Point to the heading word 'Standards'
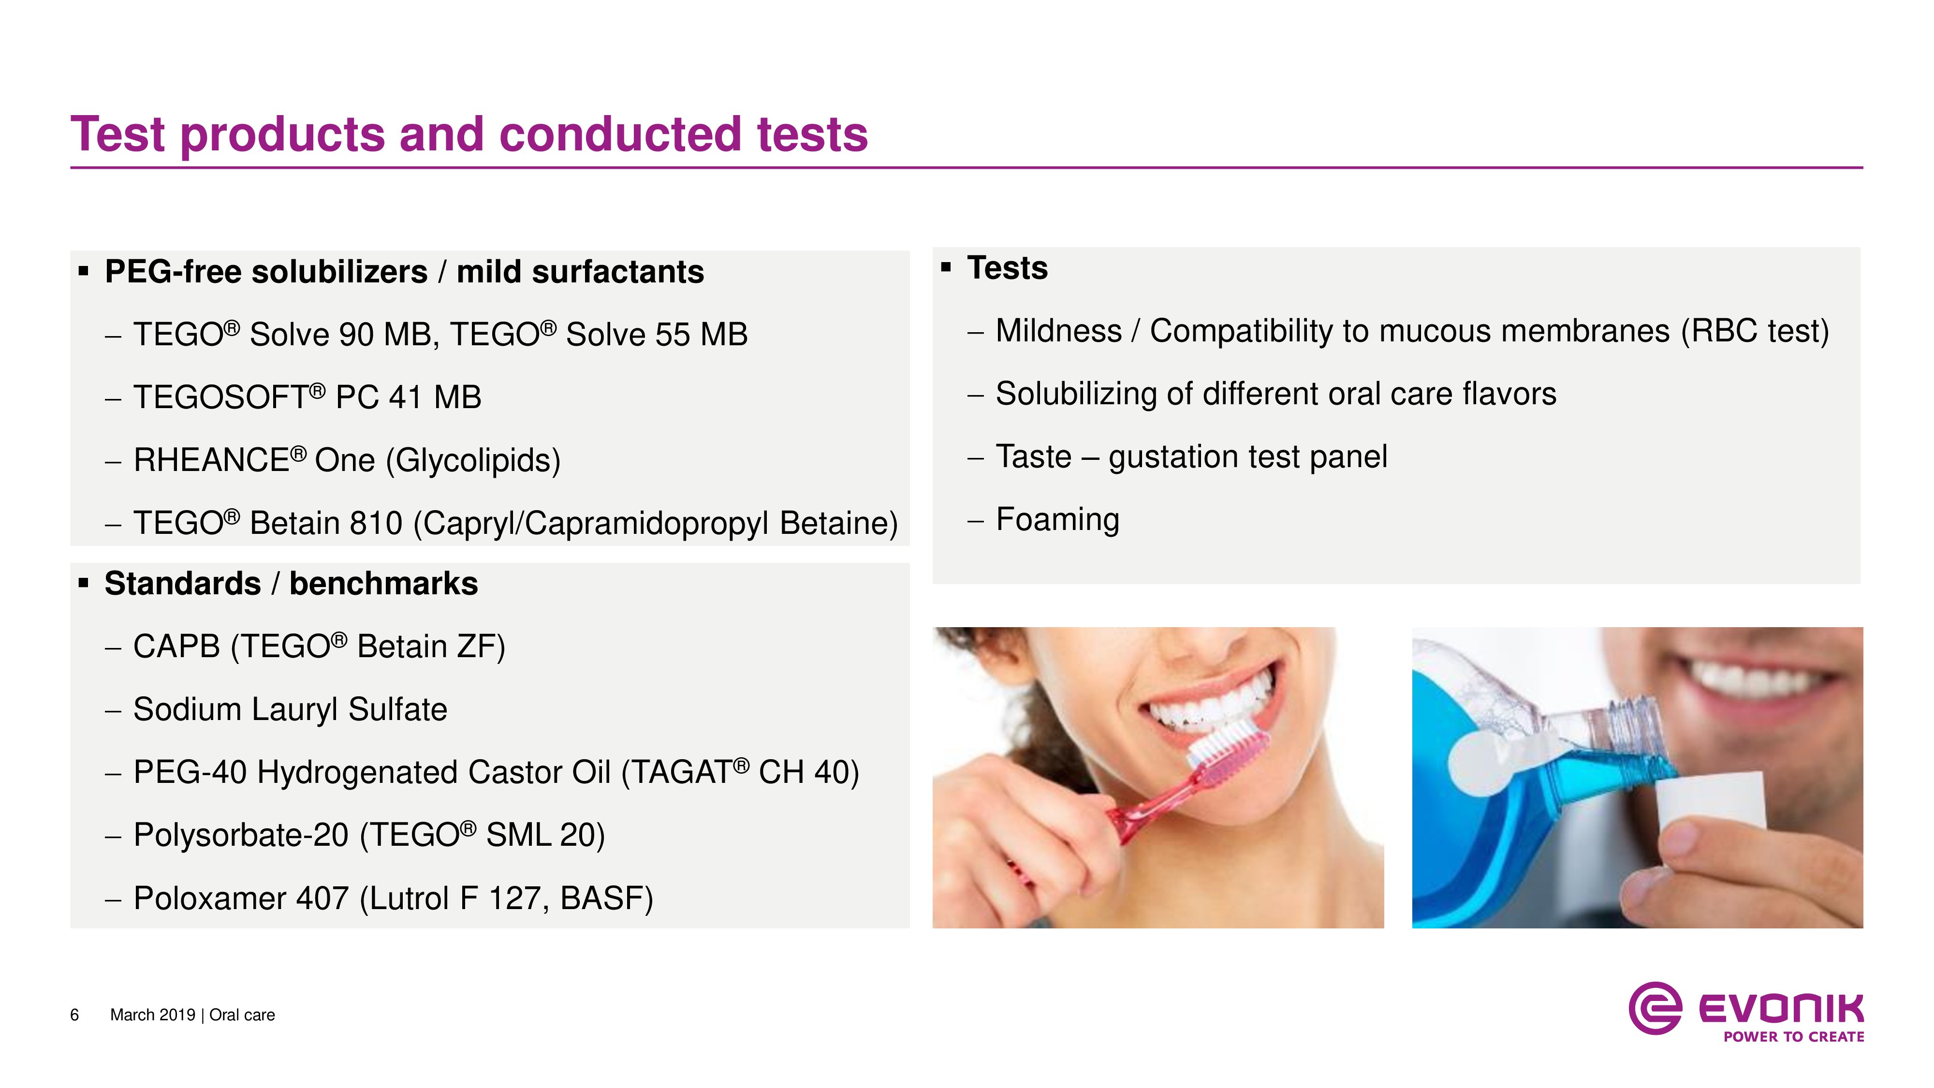182,584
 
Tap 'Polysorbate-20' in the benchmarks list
241,835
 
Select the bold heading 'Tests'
1008,268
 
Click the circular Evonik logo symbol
1655,1008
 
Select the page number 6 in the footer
74,1015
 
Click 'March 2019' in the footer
152,1015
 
